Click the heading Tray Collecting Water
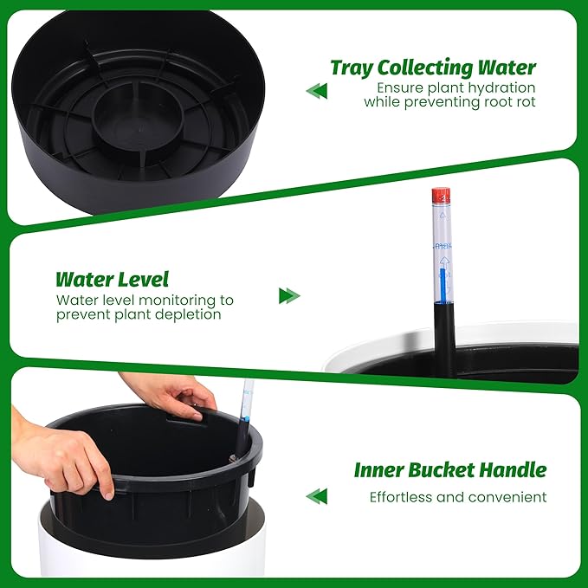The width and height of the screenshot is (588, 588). pyautogui.click(x=433, y=68)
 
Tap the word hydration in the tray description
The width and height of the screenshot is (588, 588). pyautogui.click(x=501, y=87)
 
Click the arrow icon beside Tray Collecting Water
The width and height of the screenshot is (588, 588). pyautogui.click(x=316, y=91)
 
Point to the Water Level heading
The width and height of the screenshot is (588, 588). pyautogui.click(x=112, y=280)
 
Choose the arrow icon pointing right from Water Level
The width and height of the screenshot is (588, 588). pyautogui.click(x=289, y=296)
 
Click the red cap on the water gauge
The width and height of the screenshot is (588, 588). pyautogui.click(x=441, y=196)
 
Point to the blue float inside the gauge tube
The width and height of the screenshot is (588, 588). pyautogui.click(x=443, y=285)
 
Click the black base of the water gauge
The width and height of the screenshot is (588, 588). pyautogui.click(x=445, y=339)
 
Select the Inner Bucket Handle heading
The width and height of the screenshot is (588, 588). pyautogui.click(x=450, y=470)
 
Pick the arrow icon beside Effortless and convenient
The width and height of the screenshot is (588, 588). pyautogui.click(x=316, y=496)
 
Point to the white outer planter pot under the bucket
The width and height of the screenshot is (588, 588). pyautogui.click(x=152, y=540)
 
